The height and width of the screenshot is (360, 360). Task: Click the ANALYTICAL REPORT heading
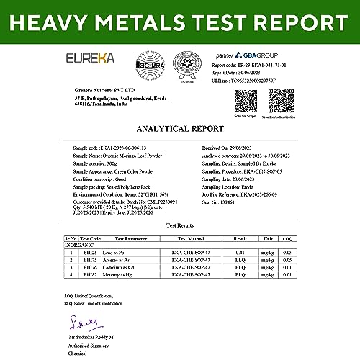[x=179, y=130]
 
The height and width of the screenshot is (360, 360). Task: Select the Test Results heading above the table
[x=179, y=225]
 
